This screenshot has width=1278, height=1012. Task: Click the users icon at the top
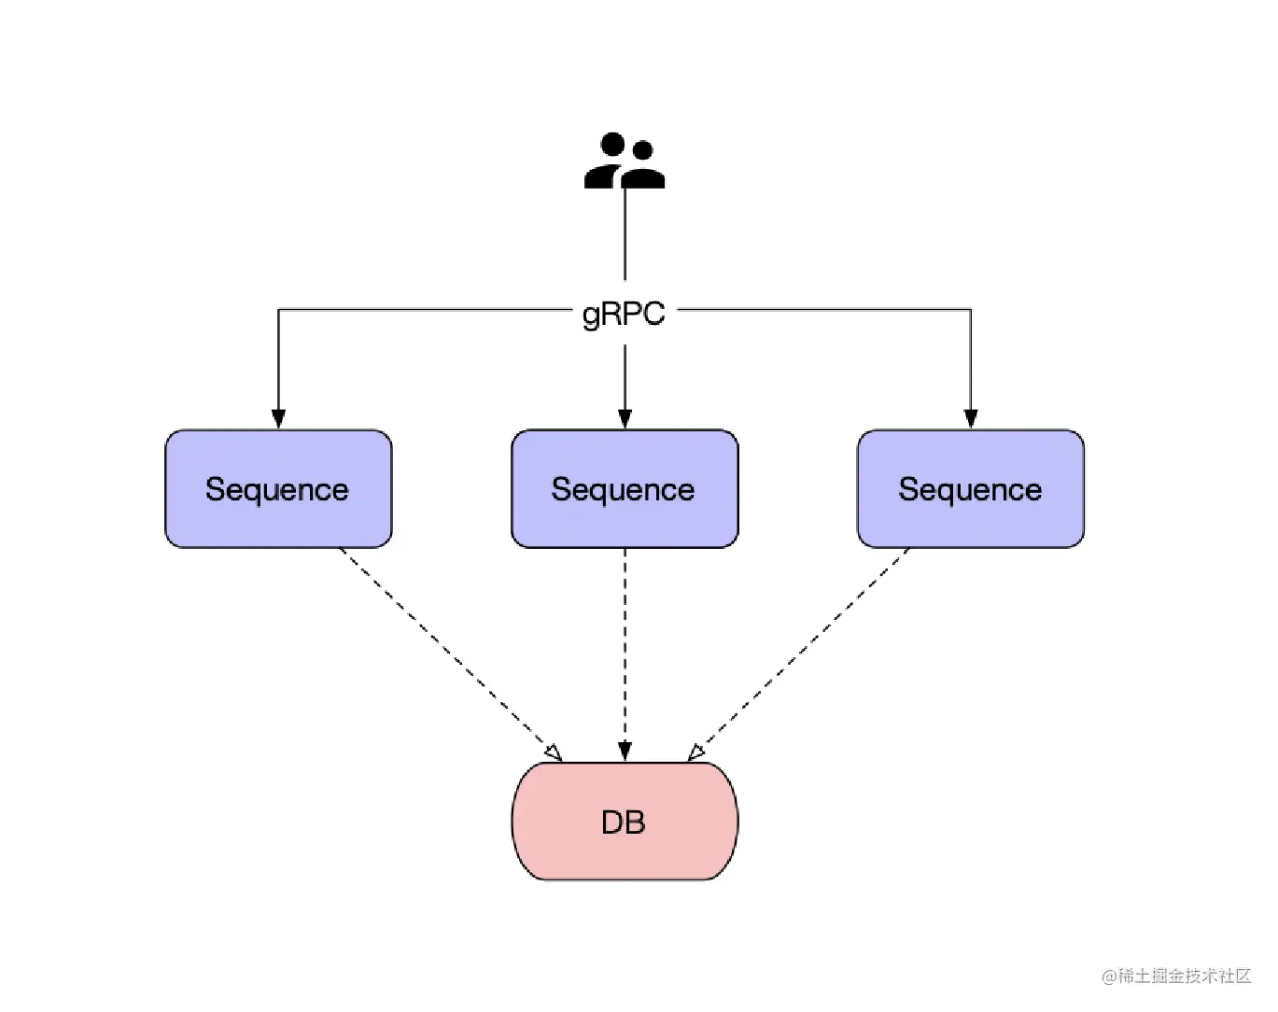(625, 161)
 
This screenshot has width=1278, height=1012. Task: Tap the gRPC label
(624, 314)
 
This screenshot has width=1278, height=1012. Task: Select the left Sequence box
(278, 489)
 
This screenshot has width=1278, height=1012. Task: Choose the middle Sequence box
(625, 489)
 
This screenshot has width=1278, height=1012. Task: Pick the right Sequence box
(971, 489)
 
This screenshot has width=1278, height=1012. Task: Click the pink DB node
(625, 822)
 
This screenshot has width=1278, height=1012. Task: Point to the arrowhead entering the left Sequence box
(278, 418)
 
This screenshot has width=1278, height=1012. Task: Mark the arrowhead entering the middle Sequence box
(625, 418)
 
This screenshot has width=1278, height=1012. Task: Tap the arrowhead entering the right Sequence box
(971, 418)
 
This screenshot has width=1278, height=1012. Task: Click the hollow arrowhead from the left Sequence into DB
(554, 753)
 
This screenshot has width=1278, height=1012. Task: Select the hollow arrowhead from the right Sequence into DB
(696, 753)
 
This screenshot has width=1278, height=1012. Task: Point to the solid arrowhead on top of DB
(625, 752)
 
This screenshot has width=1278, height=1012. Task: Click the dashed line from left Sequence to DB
(446, 651)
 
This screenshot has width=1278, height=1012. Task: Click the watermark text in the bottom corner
(1176, 977)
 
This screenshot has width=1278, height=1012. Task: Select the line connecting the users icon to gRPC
(625, 234)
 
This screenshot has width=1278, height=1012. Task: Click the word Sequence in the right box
(970, 490)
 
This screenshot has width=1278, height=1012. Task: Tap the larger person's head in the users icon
(612, 144)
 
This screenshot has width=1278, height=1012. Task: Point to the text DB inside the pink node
(624, 822)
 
